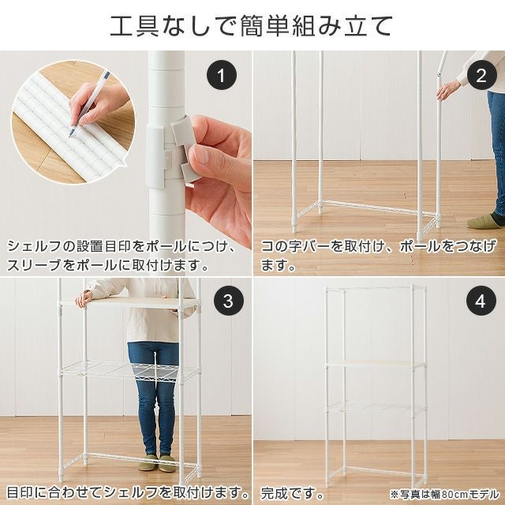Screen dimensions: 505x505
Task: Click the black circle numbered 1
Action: [x=221, y=75]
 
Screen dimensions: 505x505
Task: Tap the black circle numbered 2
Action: [x=481, y=75]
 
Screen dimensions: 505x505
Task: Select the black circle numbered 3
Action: [x=229, y=301]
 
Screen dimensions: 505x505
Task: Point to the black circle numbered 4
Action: [x=481, y=301]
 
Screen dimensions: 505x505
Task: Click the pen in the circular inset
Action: [x=89, y=104]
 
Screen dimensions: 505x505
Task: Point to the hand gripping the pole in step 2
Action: [x=449, y=90]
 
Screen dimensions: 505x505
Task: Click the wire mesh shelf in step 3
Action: [x=129, y=371]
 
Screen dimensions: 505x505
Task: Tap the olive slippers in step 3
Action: [x=157, y=463]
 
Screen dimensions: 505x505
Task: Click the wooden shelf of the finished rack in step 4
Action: [x=376, y=364]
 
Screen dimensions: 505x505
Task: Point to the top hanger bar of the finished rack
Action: [x=376, y=287]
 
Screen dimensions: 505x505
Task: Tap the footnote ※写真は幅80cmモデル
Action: [x=444, y=494]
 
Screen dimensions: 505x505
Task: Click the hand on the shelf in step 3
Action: [x=84, y=298]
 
